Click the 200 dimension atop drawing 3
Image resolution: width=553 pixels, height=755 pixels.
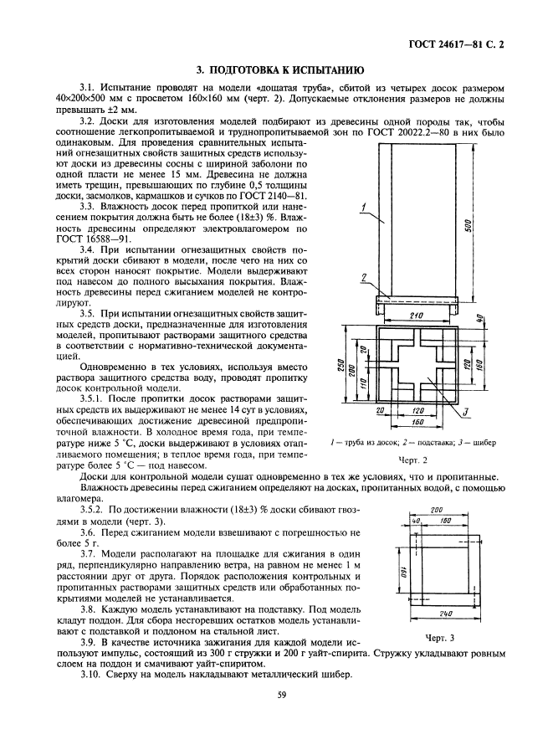[436, 508]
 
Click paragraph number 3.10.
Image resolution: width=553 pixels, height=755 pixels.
[90, 674]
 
